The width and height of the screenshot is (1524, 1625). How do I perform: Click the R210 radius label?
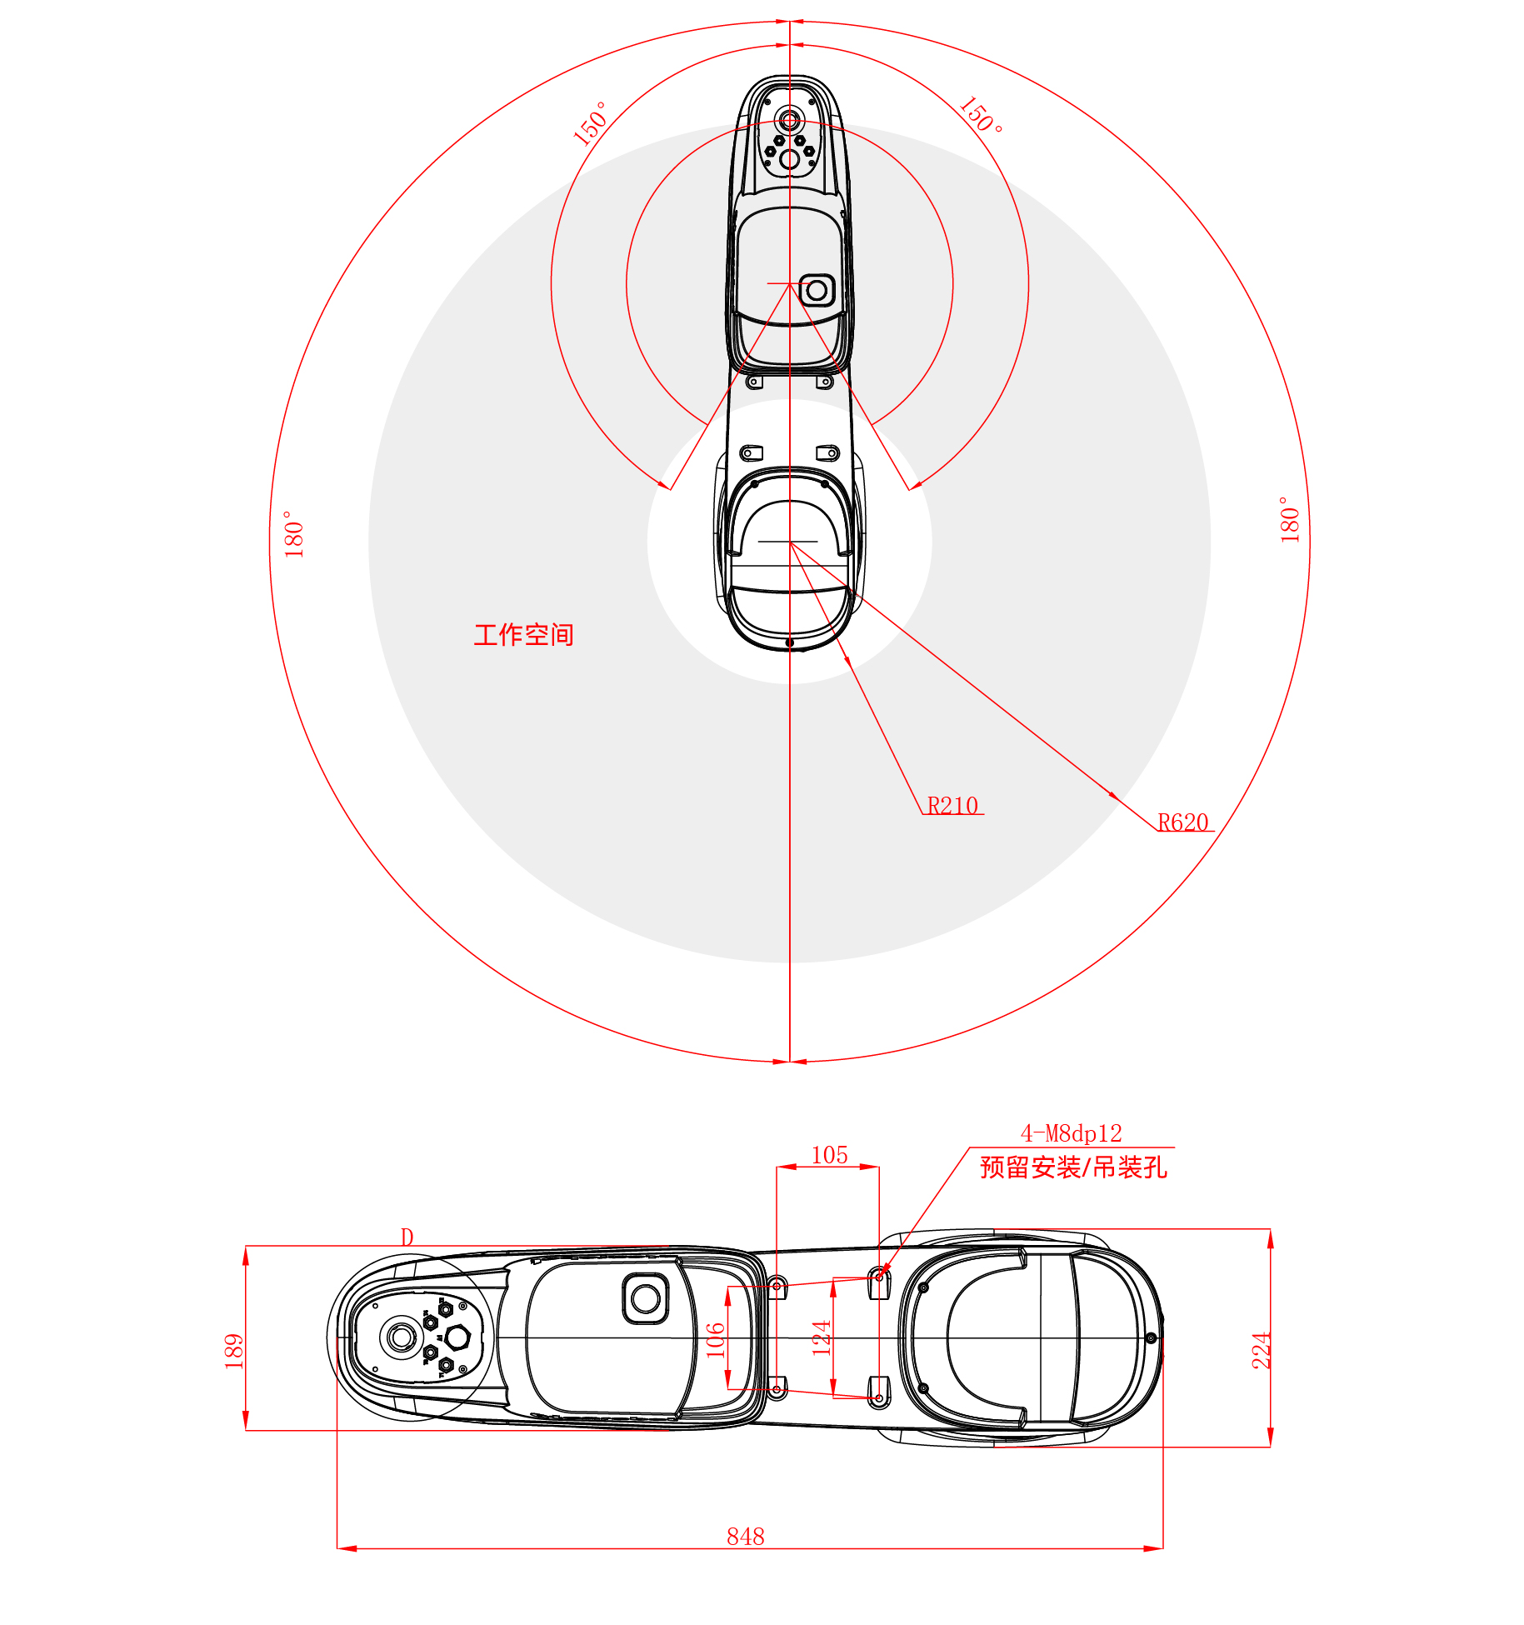coord(952,805)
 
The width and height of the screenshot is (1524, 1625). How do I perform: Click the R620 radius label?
coord(1182,822)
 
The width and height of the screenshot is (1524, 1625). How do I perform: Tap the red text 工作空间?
coord(523,635)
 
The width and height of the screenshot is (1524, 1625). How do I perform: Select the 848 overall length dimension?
coord(745,1536)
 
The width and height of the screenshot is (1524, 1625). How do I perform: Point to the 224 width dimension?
coord(1262,1350)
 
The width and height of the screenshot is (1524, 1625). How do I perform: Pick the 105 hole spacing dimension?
coord(829,1154)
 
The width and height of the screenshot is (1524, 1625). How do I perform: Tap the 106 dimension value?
coord(716,1340)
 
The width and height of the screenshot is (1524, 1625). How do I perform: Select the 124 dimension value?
coord(822,1337)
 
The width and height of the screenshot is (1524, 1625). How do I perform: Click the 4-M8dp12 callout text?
coord(1071,1132)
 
